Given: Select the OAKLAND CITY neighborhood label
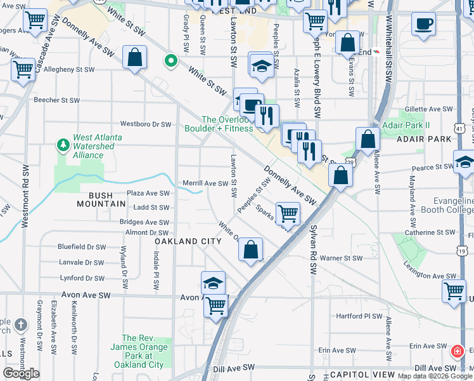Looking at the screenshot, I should click(x=189, y=241).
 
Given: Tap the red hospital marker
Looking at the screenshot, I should click(x=456, y=351).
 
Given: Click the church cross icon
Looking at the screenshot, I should click(x=21, y=326).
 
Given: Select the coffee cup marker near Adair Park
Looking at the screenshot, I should click(x=423, y=23).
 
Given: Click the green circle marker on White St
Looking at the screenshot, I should click(x=170, y=62).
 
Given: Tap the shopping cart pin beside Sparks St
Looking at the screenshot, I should click(x=288, y=214).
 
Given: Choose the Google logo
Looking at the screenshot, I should click(x=21, y=373).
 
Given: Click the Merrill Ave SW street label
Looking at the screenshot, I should click(x=205, y=184).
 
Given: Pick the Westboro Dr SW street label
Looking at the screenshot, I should click(x=146, y=124).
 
